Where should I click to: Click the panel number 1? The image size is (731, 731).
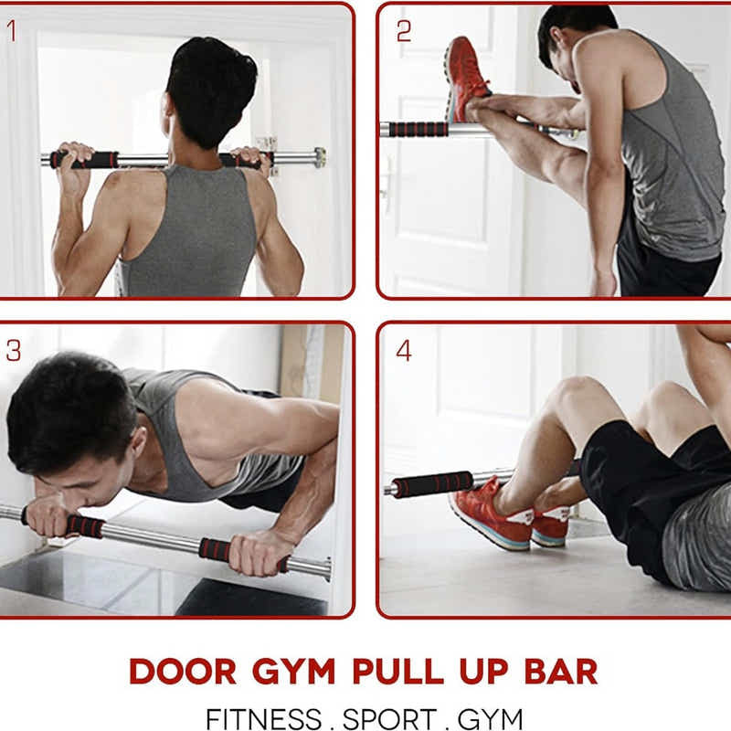pyautogui.click(x=13, y=31)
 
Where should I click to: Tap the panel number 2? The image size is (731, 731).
pyautogui.click(x=404, y=31)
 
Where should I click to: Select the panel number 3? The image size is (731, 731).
pyautogui.click(x=13, y=349)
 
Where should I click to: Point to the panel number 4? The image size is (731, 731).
pyautogui.click(x=404, y=350)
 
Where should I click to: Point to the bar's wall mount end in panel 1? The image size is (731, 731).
pyautogui.click(x=317, y=157)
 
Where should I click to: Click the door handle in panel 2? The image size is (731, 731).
pyautogui.click(x=387, y=174)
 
